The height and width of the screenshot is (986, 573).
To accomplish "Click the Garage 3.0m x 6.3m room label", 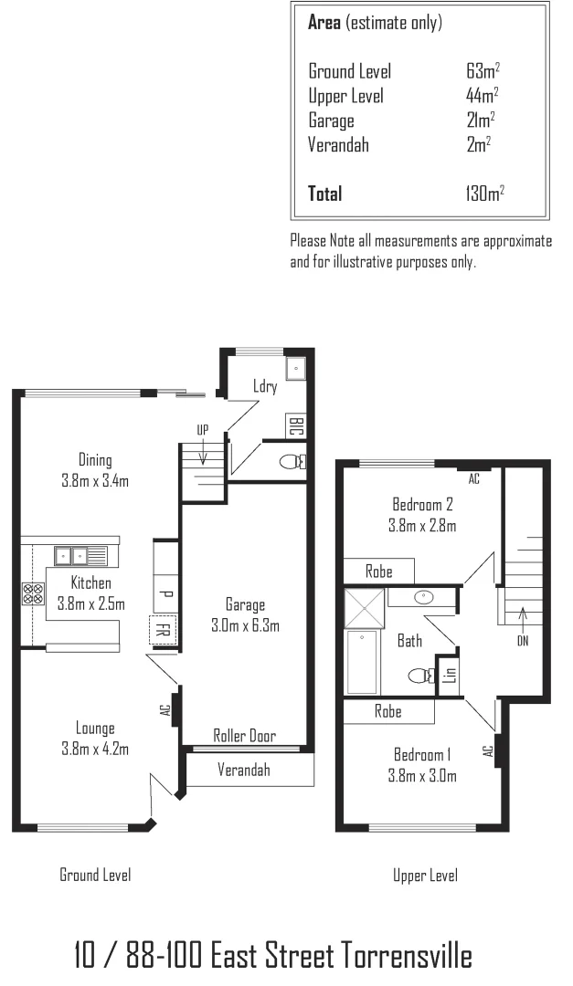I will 245,614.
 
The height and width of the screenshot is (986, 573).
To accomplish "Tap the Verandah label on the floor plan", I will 243,770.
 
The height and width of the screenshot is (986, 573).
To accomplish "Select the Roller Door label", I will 244,736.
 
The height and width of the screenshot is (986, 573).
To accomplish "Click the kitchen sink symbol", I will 80,554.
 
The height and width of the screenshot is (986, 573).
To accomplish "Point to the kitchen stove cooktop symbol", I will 33,594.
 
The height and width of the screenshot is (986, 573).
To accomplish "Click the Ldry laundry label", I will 265,387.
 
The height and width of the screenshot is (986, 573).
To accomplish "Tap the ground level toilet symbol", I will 292,462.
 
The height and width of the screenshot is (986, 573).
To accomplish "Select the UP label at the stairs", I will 203,429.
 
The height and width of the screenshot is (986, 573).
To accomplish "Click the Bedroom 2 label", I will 423,514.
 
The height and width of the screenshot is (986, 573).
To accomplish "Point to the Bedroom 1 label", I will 423,765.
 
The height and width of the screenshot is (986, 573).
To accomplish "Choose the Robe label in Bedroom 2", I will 378,572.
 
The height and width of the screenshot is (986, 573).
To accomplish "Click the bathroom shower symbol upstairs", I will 365,605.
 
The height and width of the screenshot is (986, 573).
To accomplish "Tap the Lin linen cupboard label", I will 449,675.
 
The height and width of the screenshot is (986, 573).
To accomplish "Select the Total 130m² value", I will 485,193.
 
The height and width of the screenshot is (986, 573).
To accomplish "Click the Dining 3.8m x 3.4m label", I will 95,470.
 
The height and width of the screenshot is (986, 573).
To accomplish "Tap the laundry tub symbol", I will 295,369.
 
